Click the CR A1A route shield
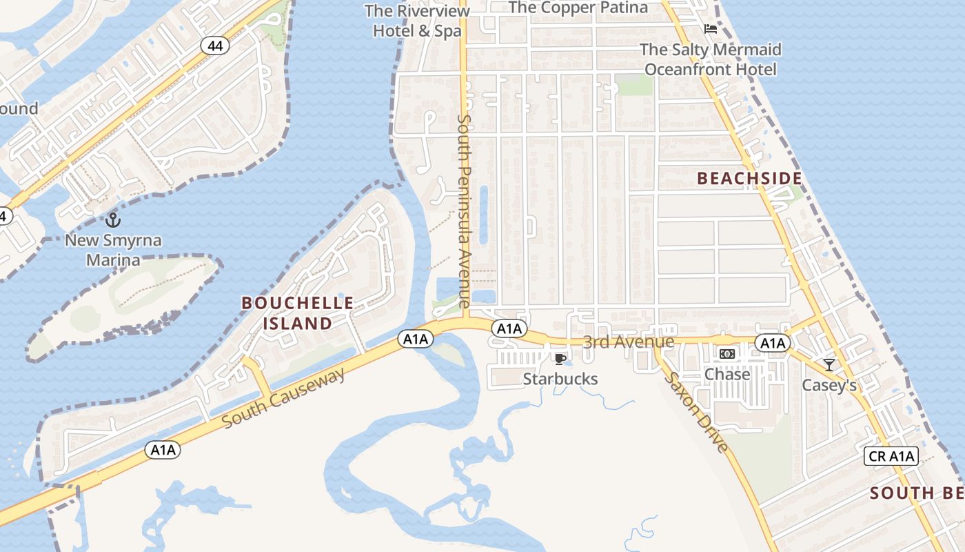tap(891, 455)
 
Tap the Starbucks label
tap(560, 379)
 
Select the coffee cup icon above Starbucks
tap(560, 359)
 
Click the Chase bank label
tap(727, 374)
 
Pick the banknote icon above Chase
tap(727, 354)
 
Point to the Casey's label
tap(829, 385)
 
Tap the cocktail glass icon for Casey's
tap(829, 364)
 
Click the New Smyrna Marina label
tap(113, 250)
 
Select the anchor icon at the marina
tap(113, 220)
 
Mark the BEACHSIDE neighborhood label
tap(749, 179)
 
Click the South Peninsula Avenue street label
tap(463, 210)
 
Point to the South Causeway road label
tap(284, 398)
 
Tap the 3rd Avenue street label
tap(628, 342)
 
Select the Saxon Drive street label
tap(695, 413)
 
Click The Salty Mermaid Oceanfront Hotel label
tap(711, 59)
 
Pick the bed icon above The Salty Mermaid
tap(711, 29)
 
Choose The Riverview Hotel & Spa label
tap(417, 21)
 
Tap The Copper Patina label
tap(578, 8)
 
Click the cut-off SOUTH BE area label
tap(916, 493)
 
